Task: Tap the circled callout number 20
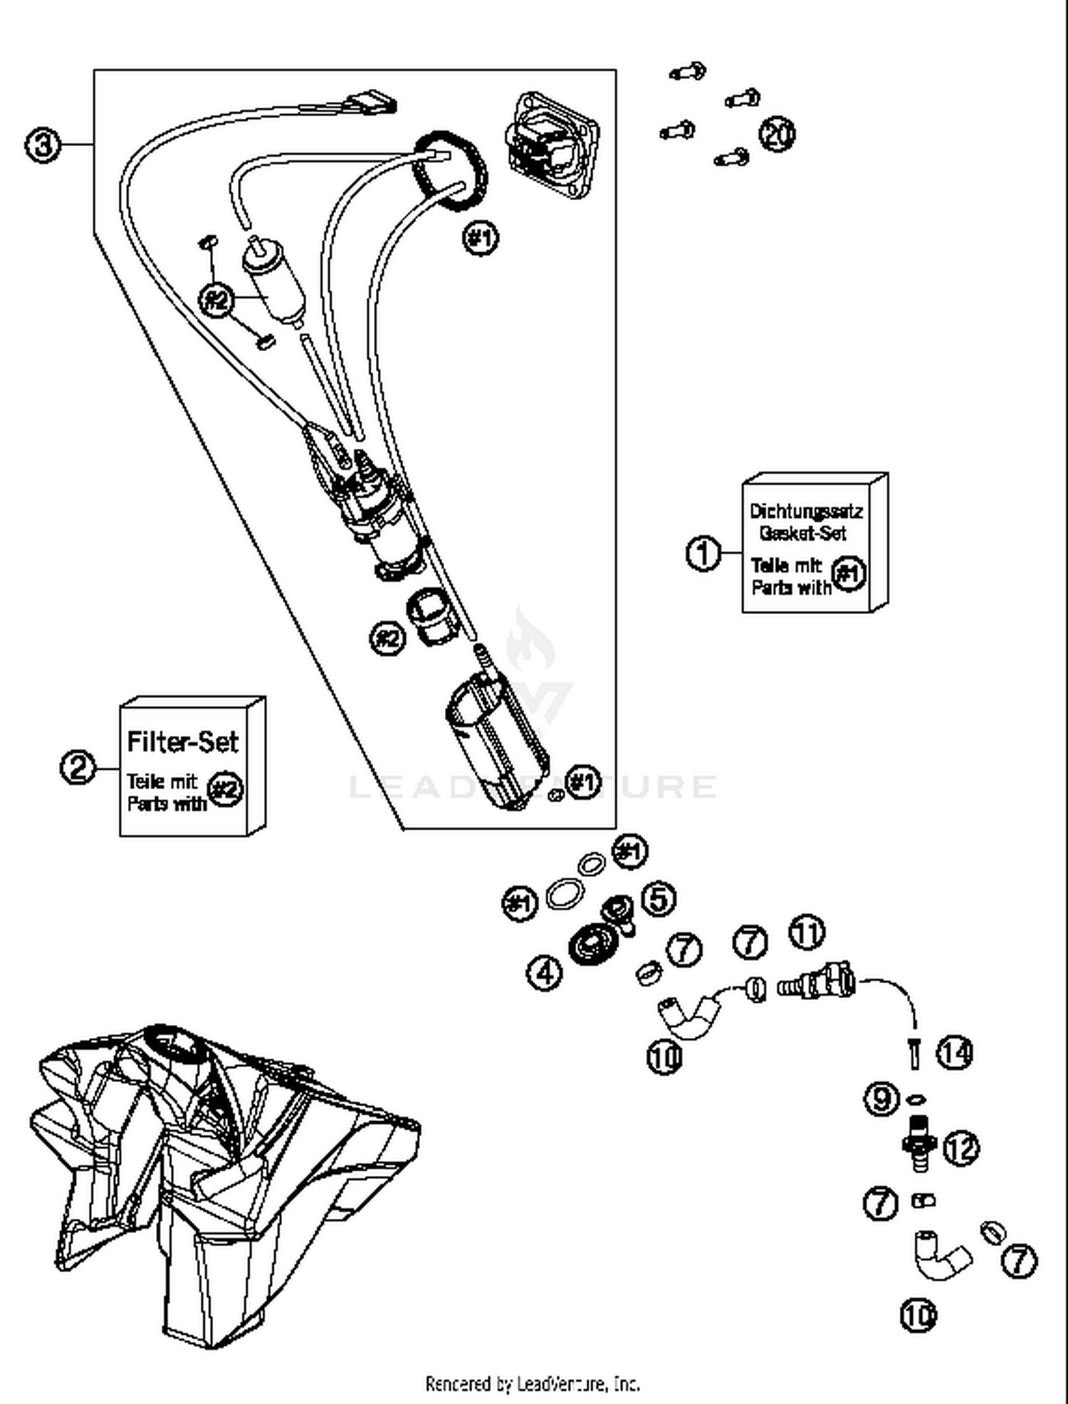point(777,135)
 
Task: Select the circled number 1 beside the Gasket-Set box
point(703,553)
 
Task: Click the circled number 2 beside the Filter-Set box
point(78,767)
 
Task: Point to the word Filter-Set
point(182,742)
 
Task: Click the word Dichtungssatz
point(806,511)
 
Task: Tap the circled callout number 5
point(659,898)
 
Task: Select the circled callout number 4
point(545,972)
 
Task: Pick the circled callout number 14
point(954,1053)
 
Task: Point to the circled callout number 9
point(881,1098)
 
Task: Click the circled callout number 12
point(961,1148)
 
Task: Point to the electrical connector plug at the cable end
point(372,104)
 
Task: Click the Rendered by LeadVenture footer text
point(533,1383)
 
